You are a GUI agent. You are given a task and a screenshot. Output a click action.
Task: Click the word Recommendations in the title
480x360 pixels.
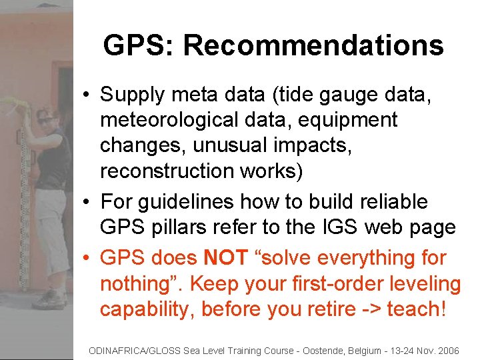(x=313, y=45)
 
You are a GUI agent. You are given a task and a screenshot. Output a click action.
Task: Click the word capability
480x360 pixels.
(x=146, y=309)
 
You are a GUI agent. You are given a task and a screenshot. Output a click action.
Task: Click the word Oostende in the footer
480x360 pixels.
(x=297, y=350)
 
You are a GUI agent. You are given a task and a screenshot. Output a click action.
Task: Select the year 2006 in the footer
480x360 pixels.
(x=446, y=350)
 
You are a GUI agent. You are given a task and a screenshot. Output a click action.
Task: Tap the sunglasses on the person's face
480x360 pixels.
(x=46, y=120)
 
